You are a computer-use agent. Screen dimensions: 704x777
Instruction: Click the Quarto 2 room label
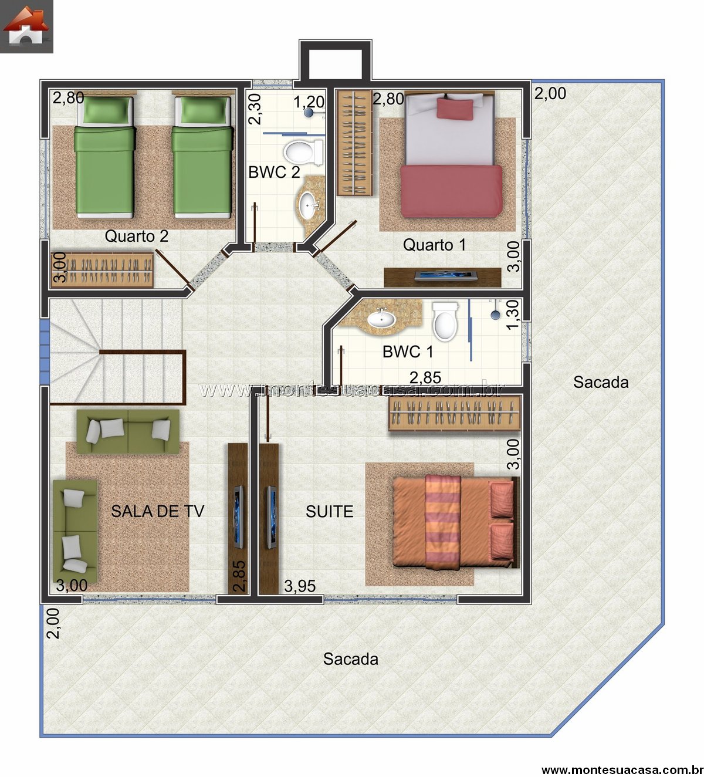pyautogui.click(x=136, y=236)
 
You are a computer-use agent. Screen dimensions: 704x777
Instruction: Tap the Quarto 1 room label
pyautogui.click(x=434, y=244)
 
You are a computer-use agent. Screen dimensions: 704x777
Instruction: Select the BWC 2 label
pyautogui.click(x=274, y=172)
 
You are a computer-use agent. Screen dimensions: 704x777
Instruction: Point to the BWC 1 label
pyautogui.click(x=407, y=352)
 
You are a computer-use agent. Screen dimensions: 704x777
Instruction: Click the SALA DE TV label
pyautogui.click(x=158, y=511)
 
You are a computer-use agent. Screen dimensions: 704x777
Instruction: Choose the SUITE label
pyautogui.click(x=330, y=512)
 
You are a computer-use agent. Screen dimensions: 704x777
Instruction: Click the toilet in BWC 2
pyautogui.click(x=303, y=152)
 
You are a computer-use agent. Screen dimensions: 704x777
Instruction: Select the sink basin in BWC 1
pyautogui.click(x=381, y=319)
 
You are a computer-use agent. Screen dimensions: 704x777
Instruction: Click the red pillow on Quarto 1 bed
pyautogui.click(x=455, y=108)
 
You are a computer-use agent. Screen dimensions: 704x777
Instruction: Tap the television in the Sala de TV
pyautogui.click(x=238, y=516)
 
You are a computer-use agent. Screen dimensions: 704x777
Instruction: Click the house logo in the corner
pyautogui.click(x=26, y=26)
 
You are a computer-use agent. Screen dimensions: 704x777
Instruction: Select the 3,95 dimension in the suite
pyautogui.click(x=300, y=586)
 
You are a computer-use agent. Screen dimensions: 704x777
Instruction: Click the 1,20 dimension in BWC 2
pyautogui.click(x=309, y=102)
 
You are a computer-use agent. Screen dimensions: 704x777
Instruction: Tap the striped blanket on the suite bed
pyautogui.click(x=443, y=523)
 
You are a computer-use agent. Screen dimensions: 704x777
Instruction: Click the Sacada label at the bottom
pyautogui.click(x=351, y=659)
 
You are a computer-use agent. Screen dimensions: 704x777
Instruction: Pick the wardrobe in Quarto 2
pyautogui.click(x=102, y=269)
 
